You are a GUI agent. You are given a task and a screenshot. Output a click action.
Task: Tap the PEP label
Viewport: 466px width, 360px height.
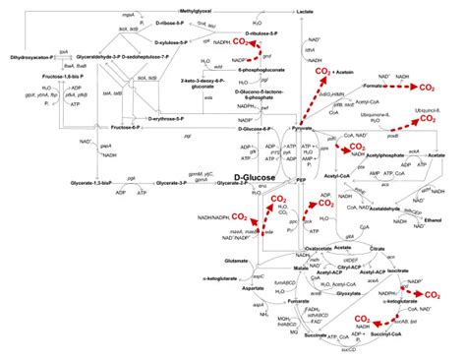click(x=302, y=181)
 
